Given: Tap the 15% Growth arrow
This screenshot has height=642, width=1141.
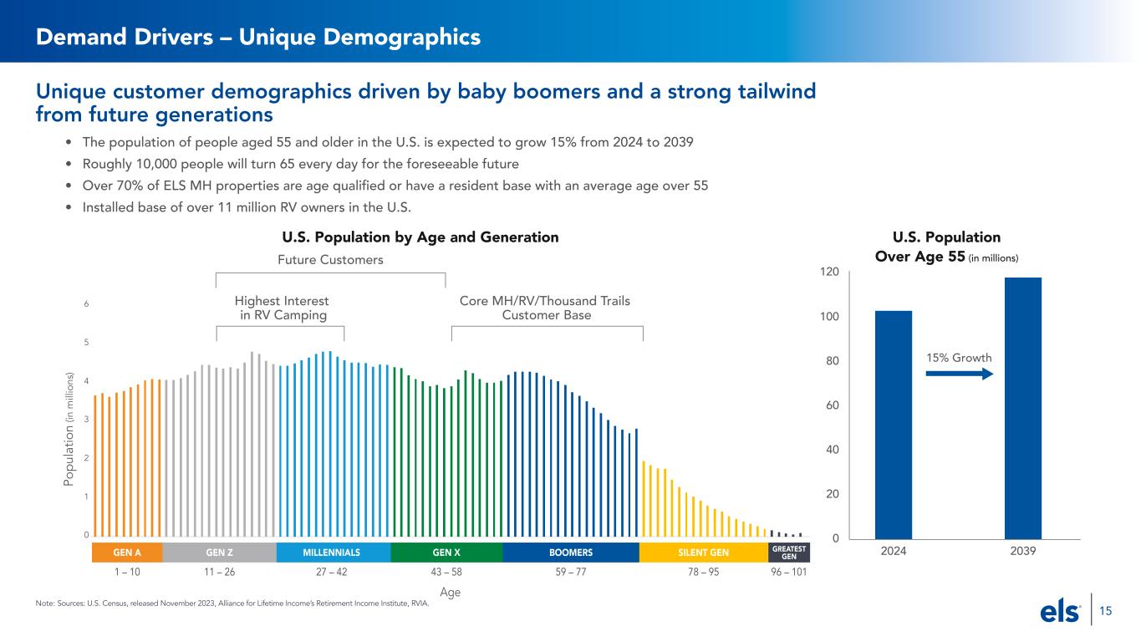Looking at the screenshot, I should click(x=959, y=374).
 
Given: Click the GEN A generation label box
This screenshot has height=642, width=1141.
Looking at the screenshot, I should click(x=126, y=553).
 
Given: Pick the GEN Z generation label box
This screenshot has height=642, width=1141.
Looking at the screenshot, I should click(x=219, y=553).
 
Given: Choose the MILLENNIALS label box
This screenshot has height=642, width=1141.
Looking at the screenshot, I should click(x=332, y=553).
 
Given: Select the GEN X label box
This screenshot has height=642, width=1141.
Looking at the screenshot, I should click(x=446, y=553).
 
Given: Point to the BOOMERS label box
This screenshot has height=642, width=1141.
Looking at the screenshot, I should click(x=571, y=553).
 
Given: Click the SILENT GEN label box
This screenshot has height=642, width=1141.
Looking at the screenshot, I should click(x=703, y=553).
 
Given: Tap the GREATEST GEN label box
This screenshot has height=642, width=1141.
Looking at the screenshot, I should click(x=789, y=553).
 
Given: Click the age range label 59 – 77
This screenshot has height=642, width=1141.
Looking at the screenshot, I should click(x=571, y=573).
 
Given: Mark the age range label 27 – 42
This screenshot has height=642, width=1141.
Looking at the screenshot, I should click(x=332, y=573).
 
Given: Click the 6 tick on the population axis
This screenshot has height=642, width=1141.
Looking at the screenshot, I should click(x=86, y=304).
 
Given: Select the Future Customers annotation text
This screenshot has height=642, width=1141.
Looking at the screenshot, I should click(x=330, y=260).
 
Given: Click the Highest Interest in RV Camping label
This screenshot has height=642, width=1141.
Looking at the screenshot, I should click(x=282, y=308).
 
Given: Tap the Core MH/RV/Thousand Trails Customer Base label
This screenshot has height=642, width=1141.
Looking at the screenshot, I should click(x=546, y=308).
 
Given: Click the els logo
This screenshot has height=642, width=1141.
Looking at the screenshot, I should click(x=1059, y=613).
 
